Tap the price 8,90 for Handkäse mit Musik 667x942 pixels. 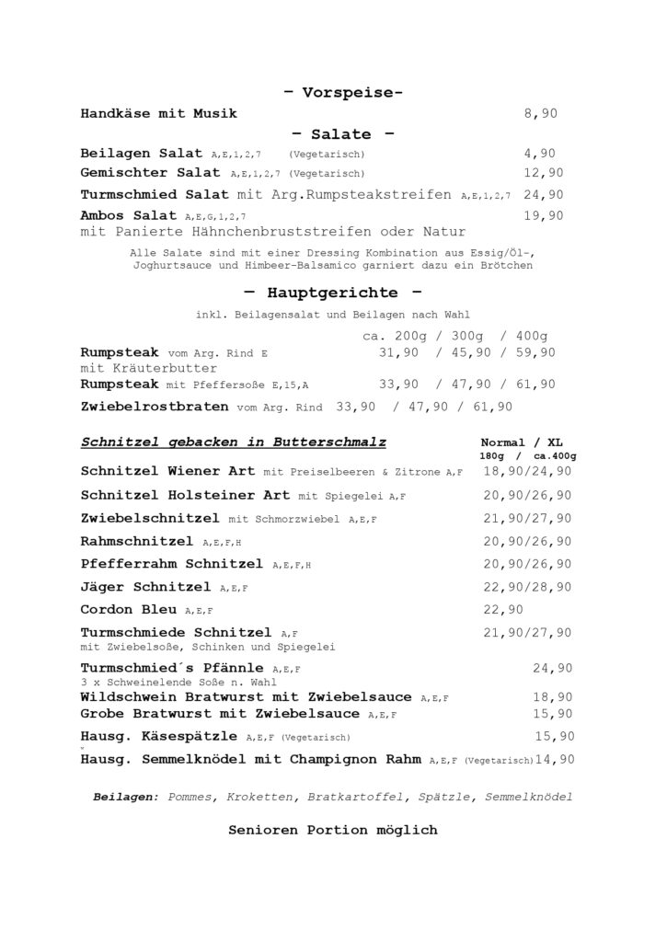540,114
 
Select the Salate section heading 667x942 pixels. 342,134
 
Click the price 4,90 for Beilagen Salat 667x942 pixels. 540,154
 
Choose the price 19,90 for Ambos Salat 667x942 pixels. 543,215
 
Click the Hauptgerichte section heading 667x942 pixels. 334,293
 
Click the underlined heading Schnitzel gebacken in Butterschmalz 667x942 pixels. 233,442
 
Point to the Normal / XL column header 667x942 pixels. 522,442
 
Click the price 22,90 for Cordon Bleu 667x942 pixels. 503,610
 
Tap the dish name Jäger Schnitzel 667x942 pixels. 146,587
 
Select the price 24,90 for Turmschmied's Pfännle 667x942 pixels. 553,668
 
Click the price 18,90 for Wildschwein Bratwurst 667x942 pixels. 553,697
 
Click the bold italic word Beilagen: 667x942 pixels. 126,797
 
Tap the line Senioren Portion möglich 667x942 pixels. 333,830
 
